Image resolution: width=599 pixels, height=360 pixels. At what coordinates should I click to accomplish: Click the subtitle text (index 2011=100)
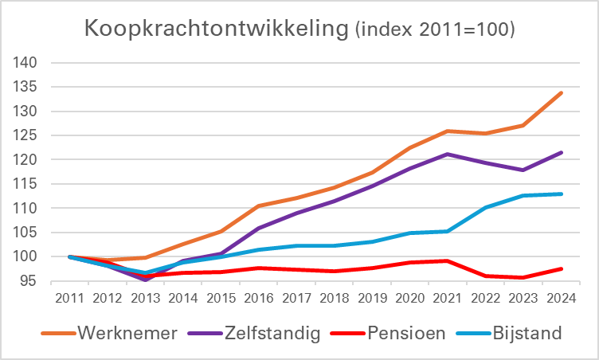tap(433, 29)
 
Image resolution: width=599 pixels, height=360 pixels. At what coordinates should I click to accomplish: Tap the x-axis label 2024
tap(561, 299)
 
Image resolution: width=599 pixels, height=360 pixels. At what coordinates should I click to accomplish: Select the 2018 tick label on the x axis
tap(334, 299)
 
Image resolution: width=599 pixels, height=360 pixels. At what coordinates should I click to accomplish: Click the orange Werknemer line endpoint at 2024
tap(562, 93)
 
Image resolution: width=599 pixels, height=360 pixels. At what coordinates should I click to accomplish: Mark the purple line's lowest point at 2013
tap(146, 280)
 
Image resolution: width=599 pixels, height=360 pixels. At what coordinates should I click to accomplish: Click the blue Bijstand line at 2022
tap(486, 207)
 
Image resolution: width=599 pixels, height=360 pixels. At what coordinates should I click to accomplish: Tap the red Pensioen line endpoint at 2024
tap(562, 268)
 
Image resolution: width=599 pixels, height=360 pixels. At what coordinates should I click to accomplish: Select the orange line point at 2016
tap(259, 205)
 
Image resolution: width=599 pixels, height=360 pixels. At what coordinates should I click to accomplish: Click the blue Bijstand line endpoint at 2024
tap(562, 194)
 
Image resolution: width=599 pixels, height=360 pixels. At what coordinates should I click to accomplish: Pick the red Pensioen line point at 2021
tap(448, 260)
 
